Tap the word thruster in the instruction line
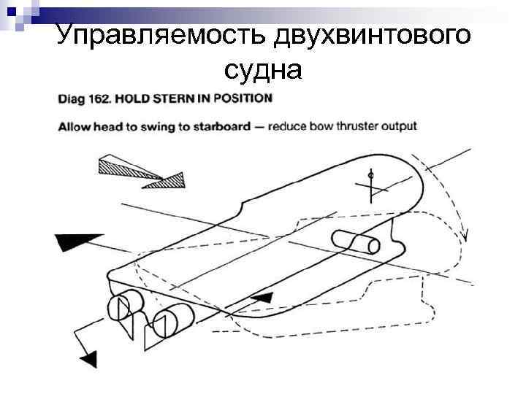tap(346, 126)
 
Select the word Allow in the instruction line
tap(74, 126)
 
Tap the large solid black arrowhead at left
tap(76, 242)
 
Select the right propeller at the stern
tap(169, 318)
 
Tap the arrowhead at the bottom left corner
tap(89, 358)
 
